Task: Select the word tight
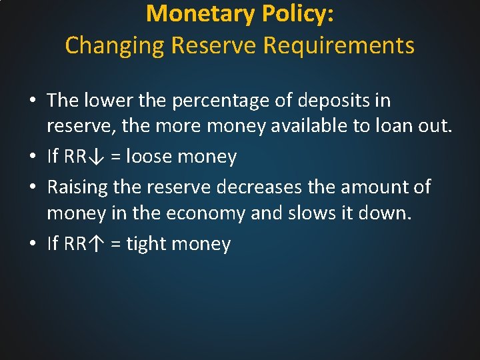(x=146, y=244)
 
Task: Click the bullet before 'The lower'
(x=33, y=101)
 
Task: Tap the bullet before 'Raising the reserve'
(x=33, y=187)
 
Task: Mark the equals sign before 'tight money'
(x=115, y=245)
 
